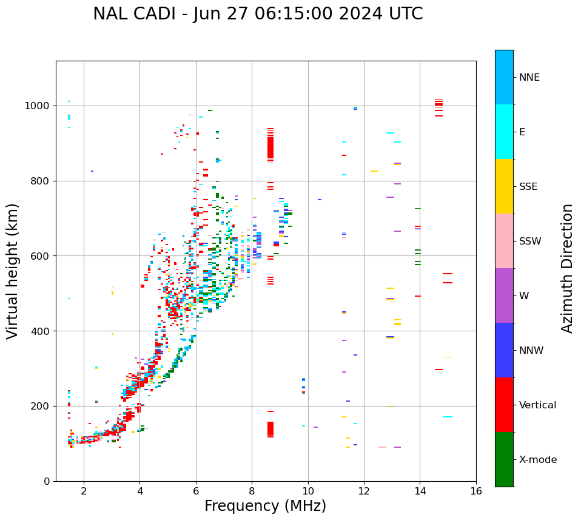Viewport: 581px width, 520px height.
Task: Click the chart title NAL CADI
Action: point(258,14)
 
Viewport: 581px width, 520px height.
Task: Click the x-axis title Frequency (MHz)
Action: point(265,506)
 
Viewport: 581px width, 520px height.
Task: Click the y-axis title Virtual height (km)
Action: point(13,271)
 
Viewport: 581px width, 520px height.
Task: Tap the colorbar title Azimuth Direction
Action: point(567,268)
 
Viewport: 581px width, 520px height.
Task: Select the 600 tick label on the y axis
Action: point(41,256)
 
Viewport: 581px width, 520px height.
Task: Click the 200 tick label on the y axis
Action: point(41,406)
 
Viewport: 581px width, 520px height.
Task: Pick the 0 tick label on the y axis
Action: point(47,481)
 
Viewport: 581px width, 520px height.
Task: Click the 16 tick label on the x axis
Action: point(476,491)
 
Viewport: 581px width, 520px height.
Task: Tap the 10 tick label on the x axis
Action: point(308,491)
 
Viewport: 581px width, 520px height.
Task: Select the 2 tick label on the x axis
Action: point(84,491)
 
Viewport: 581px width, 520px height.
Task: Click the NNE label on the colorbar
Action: point(529,78)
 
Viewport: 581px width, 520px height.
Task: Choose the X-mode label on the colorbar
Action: point(537,460)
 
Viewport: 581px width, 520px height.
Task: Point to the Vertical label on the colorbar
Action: point(537,405)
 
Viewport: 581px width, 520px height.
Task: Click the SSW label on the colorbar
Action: point(530,241)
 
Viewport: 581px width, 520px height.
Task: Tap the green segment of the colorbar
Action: point(504,459)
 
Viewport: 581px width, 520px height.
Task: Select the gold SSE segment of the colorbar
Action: point(504,186)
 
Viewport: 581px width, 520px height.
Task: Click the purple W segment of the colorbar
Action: point(504,295)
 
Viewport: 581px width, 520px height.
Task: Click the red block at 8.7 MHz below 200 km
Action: point(270,429)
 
